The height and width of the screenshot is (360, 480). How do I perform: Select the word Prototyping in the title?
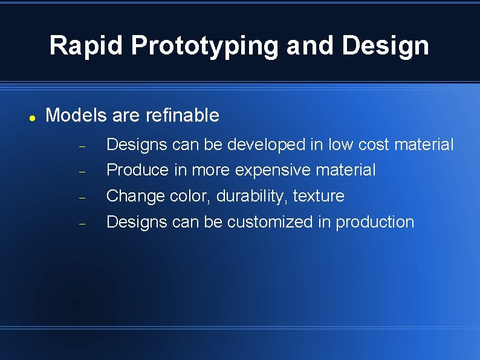(205, 45)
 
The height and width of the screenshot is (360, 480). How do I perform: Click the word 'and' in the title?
(311, 45)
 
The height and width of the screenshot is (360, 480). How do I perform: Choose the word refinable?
(183, 115)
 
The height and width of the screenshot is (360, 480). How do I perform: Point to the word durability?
(252, 196)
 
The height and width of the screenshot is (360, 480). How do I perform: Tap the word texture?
(319, 196)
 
